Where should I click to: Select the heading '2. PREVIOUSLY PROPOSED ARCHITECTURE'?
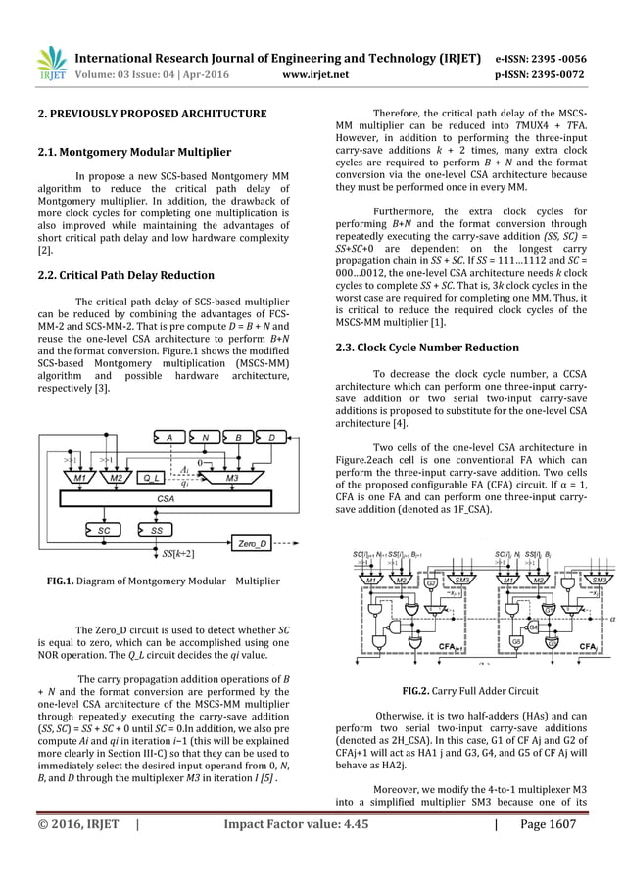tap(154, 115)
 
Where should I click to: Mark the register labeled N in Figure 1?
tap(204, 436)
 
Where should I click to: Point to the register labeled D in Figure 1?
tap(274, 436)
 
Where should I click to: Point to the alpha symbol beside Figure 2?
tap(612, 619)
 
